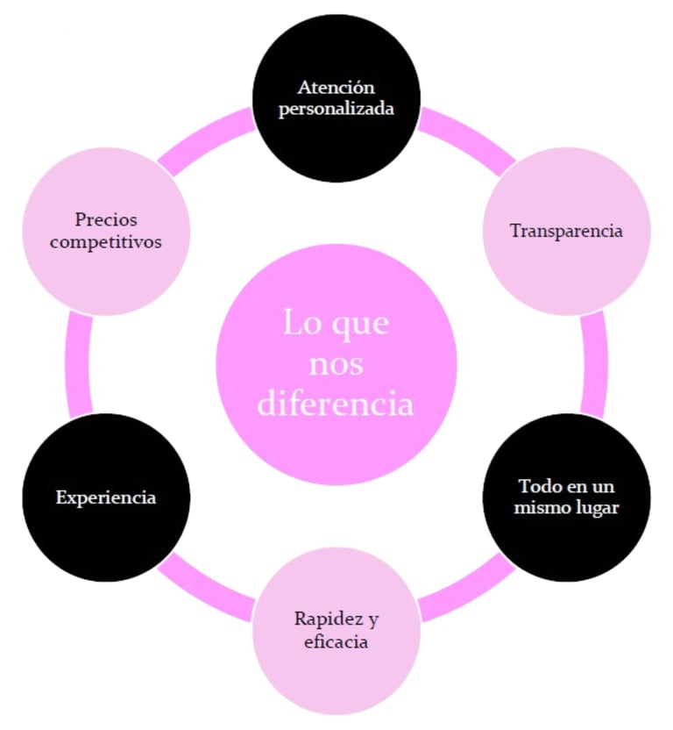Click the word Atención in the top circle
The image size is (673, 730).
pos(336,88)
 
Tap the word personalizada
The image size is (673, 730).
pos(336,111)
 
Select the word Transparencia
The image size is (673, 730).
pos(566,232)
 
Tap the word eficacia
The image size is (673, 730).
pos(336,642)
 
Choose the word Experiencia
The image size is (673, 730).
pos(106,497)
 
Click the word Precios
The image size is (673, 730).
pos(106,219)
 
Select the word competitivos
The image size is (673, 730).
pos(106,242)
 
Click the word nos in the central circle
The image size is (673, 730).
pos(337,363)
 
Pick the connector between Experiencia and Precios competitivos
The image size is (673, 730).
pos(78,364)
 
